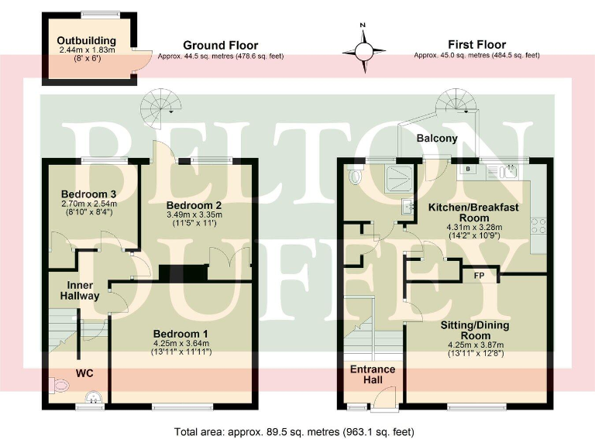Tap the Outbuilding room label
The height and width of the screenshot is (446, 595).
pyautogui.click(x=86, y=41)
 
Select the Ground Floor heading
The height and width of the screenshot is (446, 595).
pyautogui.click(x=220, y=46)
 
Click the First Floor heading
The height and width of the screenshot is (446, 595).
pyautogui.click(x=476, y=45)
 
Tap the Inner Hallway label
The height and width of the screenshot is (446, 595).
pyautogui.click(x=81, y=290)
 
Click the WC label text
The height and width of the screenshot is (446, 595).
pyautogui.click(x=84, y=373)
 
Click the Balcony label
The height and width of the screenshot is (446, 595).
pyautogui.click(x=437, y=139)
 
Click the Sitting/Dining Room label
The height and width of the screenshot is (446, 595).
pyautogui.click(x=476, y=330)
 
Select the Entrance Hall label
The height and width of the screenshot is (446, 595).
pyautogui.click(x=373, y=374)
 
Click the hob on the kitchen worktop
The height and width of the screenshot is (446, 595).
pyautogui.click(x=538, y=227)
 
